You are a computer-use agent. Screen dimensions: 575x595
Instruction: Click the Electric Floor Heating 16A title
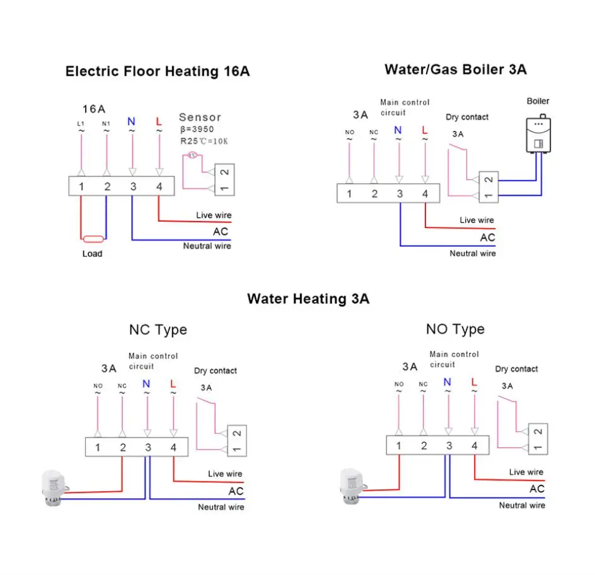(158, 71)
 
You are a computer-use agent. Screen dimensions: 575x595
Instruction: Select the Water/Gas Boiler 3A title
(455, 69)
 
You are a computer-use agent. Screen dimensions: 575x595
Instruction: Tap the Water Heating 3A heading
(308, 299)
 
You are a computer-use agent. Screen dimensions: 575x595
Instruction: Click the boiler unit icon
(538, 135)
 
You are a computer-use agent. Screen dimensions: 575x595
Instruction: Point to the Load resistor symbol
(93, 239)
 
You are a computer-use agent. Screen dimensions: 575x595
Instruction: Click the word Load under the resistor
(92, 254)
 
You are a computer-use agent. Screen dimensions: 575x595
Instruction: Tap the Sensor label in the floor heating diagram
(200, 117)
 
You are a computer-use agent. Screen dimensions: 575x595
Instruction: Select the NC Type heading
(158, 329)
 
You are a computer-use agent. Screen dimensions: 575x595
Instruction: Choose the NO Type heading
(455, 329)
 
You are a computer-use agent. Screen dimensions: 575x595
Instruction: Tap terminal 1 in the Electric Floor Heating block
(81, 186)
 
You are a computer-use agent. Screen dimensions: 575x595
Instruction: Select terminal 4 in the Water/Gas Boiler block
(425, 194)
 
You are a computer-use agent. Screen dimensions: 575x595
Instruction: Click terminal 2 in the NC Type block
(123, 448)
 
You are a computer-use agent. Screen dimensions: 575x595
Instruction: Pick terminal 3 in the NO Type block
(449, 446)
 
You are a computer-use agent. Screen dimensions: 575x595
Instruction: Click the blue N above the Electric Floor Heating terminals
(132, 122)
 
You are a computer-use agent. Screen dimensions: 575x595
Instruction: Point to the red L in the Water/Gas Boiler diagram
(424, 130)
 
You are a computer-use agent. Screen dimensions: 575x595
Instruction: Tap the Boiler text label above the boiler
(538, 101)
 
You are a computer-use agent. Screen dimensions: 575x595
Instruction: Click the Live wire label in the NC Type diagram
(225, 474)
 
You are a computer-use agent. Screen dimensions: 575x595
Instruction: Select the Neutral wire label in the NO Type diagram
(522, 505)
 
